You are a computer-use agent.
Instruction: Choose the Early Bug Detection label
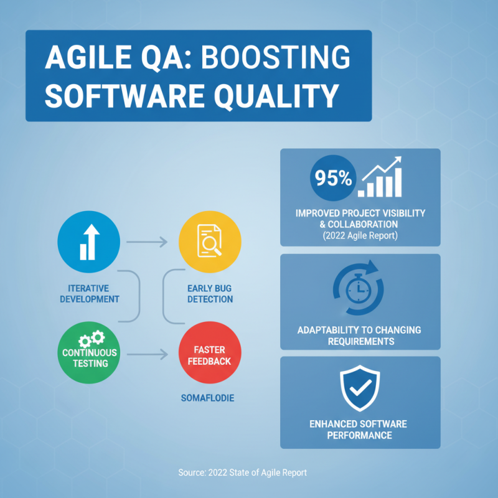click(x=210, y=294)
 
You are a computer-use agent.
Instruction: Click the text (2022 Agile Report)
click(x=360, y=236)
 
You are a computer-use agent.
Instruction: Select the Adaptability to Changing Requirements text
click(x=360, y=336)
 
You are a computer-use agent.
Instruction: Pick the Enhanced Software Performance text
click(x=359, y=430)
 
